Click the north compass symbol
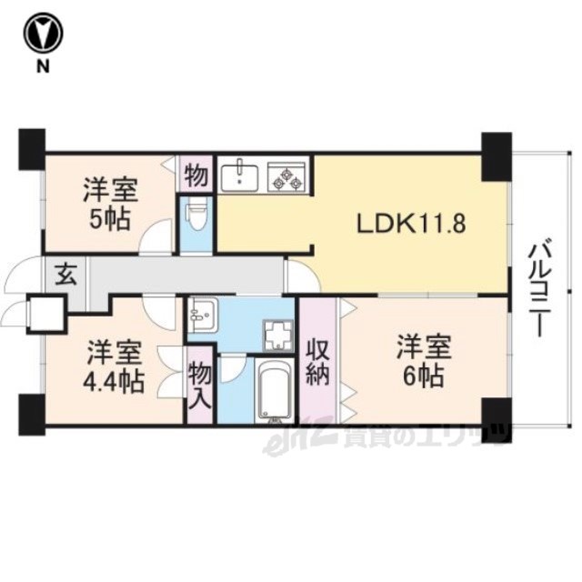click(43, 34)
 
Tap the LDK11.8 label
click(411, 224)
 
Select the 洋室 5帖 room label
click(110, 205)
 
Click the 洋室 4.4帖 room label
click(113, 367)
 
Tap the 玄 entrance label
click(65, 276)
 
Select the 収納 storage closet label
click(317, 362)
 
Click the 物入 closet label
click(200, 386)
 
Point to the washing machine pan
click(278, 336)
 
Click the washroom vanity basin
click(201, 316)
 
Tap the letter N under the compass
click(43, 66)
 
